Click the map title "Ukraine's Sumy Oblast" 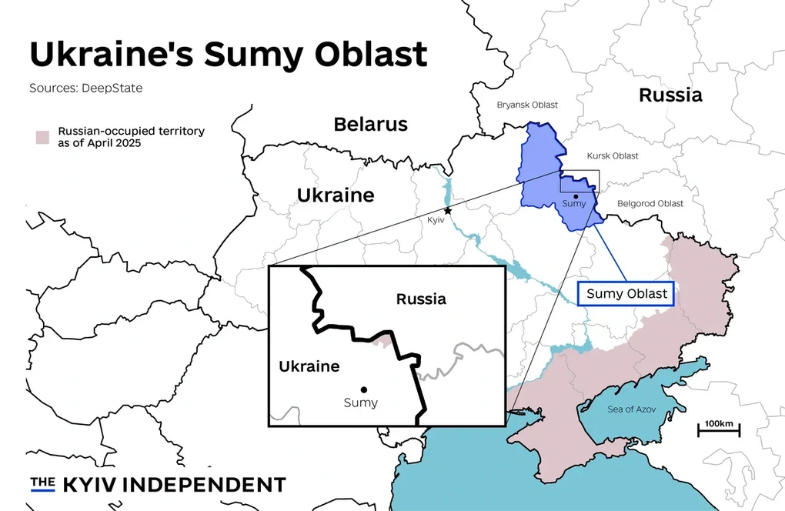(x=228, y=54)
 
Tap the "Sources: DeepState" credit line (x=85, y=88)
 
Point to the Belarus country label (x=370, y=124)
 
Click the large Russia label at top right (x=670, y=95)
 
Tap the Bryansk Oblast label (x=527, y=105)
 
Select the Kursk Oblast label (x=613, y=156)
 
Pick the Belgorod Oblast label (x=650, y=203)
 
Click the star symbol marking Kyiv (x=448, y=211)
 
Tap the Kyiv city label (x=436, y=220)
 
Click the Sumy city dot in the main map (x=576, y=197)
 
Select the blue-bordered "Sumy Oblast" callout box (x=626, y=293)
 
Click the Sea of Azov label (x=631, y=409)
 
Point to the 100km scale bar (x=719, y=428)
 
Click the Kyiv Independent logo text (x=158, y=484)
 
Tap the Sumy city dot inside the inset (x=363, y=389)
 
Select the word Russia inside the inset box (x=421, y=299)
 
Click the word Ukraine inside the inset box (x=309, y=366)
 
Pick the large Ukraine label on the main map (x=336, y=195)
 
